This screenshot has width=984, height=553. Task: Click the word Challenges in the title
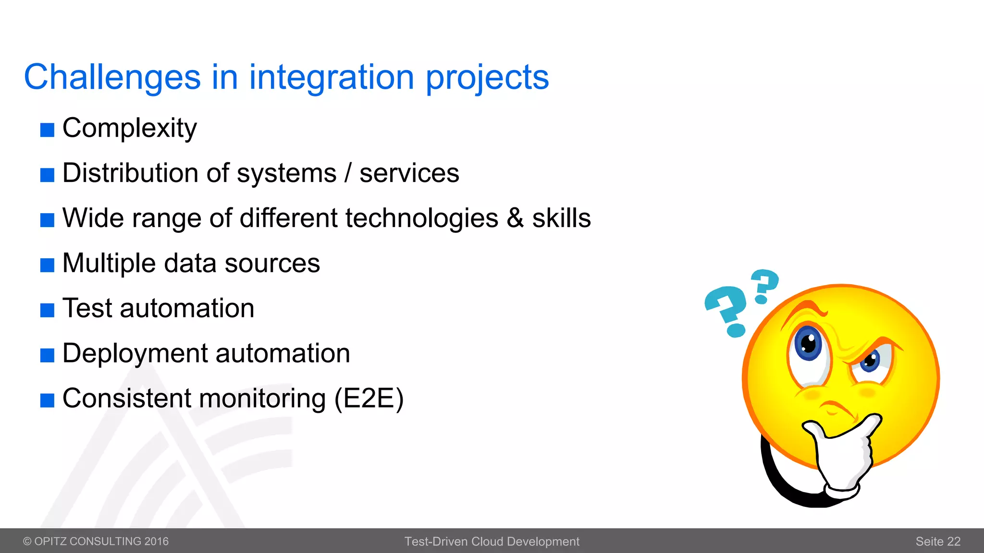click(x=112, y=77)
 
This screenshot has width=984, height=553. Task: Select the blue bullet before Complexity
click(x=47, y=130)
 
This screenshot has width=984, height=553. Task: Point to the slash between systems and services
click(x=348, y=173)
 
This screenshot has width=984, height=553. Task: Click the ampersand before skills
click(x=515, y=218)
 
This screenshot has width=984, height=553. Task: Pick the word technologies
click(x=421, y=218)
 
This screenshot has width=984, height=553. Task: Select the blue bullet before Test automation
click(x=47, y=310)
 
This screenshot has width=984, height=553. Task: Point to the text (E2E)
click(x=369, y=398)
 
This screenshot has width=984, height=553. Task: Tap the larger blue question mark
click(x=726, y=310)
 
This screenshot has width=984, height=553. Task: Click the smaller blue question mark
click(x=764, y=285)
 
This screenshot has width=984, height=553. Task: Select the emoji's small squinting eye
click(x=870, y=361)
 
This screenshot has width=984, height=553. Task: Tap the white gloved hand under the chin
click(x=844, y=456)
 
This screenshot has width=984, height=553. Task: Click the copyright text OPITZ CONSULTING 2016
click(x=96, y=541)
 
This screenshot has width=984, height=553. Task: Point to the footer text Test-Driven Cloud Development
click(x=492, y=541)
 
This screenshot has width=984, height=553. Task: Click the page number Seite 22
click(x=937, y=541)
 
